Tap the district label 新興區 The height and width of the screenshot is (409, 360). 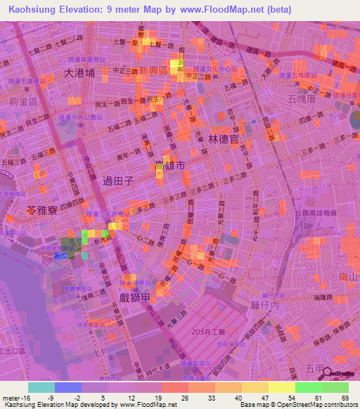[153, 72]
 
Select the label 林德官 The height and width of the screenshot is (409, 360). [207, 141]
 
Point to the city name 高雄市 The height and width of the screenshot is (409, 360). [170, 167]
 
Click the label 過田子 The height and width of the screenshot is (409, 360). [117, 181]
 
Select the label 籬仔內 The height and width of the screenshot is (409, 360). [264, 305]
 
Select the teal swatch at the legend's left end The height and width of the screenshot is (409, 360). [41, 387]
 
